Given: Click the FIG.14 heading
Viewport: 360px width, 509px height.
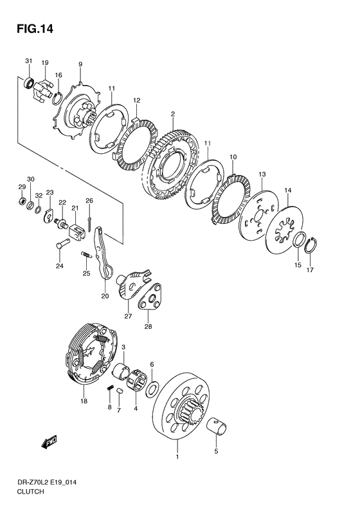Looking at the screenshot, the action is tap(35, 29).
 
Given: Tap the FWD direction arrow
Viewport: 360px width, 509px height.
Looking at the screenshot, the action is tap(50, 442).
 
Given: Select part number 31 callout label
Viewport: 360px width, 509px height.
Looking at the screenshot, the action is tap(29, 61).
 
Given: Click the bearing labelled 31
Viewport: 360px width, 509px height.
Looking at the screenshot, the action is tap(28, 83).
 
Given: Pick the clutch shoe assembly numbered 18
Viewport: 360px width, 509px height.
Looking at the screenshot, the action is tap(91, 352).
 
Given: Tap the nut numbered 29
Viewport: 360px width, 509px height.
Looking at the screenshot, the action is tap(22, 201).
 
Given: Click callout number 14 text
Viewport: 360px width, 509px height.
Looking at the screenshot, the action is tap(287, 190).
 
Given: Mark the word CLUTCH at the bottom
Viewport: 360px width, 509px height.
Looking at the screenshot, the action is tap(30, 491).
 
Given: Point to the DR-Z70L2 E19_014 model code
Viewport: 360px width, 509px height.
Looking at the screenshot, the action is tap(47, 482).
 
